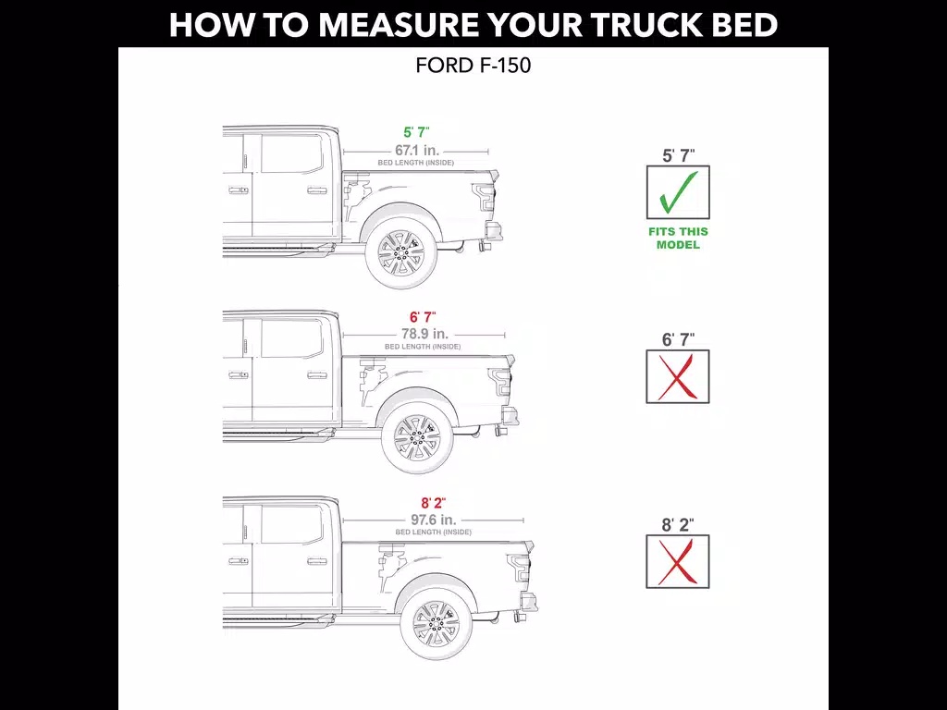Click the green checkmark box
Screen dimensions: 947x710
(678, 192)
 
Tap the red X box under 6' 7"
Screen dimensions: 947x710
(678, 377)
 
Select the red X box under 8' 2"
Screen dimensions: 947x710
(678, 562)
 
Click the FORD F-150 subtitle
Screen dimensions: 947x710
(473, 66)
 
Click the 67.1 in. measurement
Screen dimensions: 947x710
(417, 150)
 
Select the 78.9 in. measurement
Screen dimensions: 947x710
(425, 333)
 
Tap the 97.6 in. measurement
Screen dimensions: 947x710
(433, 520)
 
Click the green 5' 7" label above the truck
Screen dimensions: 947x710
(417, 132)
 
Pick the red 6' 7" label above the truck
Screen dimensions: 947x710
(423, 317)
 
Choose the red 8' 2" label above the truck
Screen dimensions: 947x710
(433, 503)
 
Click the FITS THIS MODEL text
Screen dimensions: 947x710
(678, 238)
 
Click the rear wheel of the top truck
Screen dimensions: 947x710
(401, 253)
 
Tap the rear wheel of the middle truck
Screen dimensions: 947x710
(417, 437)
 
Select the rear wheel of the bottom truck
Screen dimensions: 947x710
(437, 623)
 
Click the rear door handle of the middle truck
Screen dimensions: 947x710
(317, 375)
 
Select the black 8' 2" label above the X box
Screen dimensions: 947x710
(678, 525)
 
